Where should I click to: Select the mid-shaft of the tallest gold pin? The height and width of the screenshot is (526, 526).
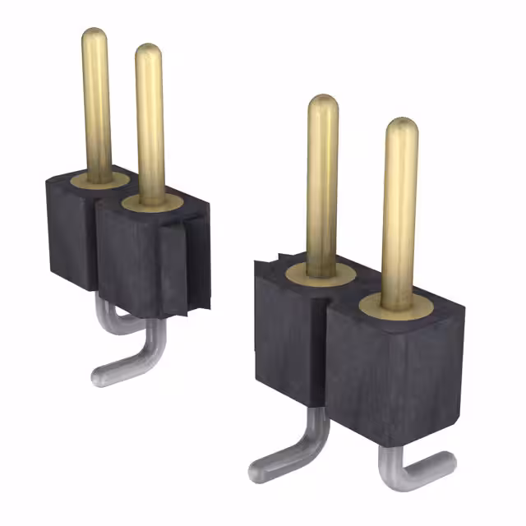[x=96, y=107]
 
